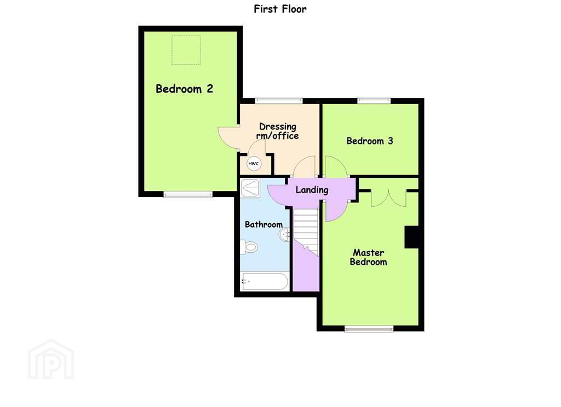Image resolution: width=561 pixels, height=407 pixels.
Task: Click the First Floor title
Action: (x=280, y=9)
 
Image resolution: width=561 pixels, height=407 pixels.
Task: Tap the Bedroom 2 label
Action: (x=184, y=89)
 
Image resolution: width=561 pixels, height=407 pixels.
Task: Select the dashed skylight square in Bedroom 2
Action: (x=186, y=50)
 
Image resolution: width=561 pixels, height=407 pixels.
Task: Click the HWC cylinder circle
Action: (x=254, y=164)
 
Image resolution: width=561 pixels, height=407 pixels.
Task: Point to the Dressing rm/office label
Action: (x=278, y=131)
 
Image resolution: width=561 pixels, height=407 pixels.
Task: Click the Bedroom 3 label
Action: (x=370, y=141)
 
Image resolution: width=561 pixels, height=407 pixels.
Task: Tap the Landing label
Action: (x=312, y=190)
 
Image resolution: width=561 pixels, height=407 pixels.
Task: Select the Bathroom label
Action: (x=264, y=224)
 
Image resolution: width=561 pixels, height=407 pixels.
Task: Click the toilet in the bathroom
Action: (x=249, y=247)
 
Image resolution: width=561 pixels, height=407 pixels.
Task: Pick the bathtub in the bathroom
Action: (x=265, y=282)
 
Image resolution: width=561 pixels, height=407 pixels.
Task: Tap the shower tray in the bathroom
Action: (x=250, y=188)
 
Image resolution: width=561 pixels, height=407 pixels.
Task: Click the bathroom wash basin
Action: (x=285, y=235)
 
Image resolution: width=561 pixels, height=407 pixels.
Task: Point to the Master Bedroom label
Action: (x=369, y=257)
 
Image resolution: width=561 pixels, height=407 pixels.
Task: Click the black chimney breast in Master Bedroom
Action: (x=411, y=237)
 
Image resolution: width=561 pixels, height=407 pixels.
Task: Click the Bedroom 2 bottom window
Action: (x=188, y=194)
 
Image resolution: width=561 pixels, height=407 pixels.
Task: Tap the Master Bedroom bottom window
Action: (x=369, y=329)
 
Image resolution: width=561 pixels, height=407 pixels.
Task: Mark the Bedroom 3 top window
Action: (x=374, y=101)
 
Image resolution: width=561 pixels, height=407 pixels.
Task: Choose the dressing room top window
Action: (x=279, y=101)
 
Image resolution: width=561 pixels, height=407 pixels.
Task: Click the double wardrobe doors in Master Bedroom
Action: (x=388, y=198)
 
